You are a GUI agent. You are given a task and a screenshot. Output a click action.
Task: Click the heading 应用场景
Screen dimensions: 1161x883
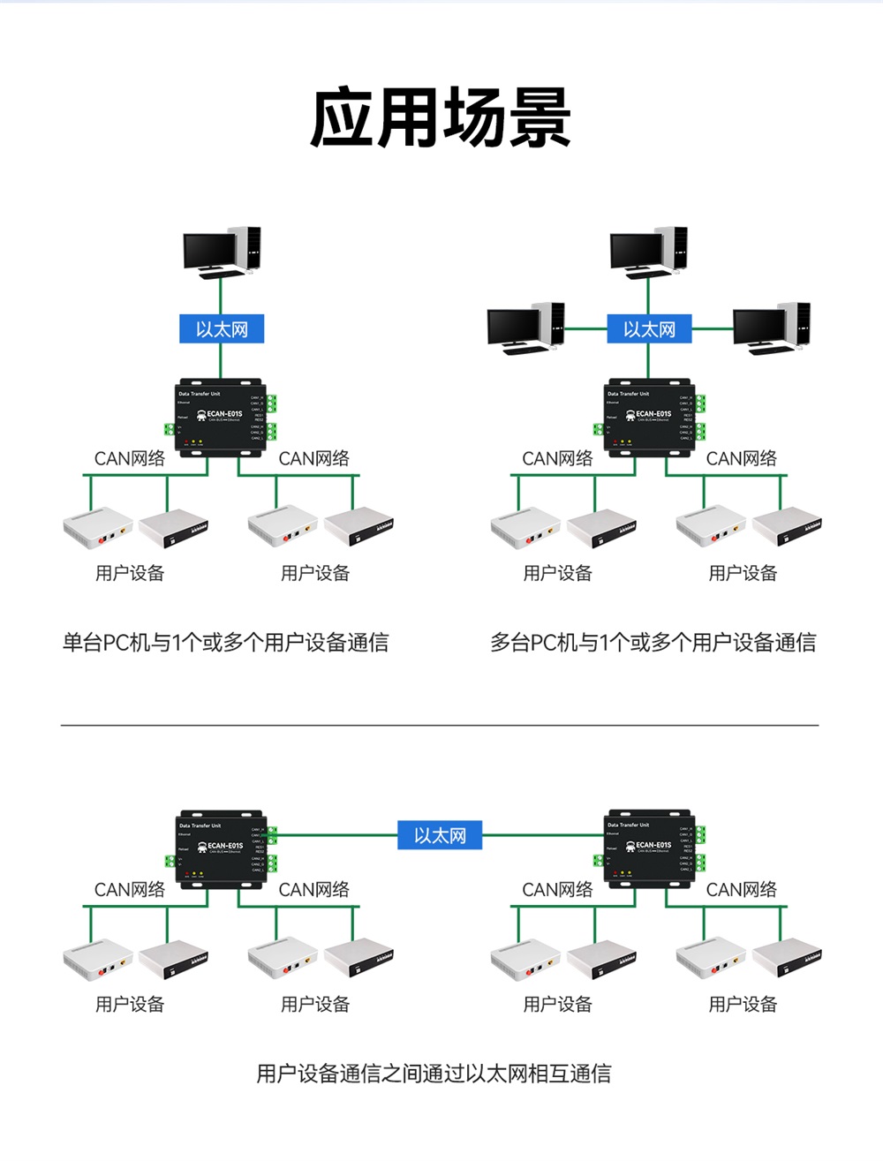click(441, 117)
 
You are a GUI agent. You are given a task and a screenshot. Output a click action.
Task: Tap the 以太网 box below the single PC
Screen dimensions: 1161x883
click(222, 329)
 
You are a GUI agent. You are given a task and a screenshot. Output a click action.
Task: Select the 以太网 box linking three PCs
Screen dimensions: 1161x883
click(649, 329)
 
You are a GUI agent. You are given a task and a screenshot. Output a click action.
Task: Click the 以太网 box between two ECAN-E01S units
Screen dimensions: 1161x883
click(440, 835)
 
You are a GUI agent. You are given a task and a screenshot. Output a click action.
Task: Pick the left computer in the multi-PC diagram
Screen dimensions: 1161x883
click(525, 328)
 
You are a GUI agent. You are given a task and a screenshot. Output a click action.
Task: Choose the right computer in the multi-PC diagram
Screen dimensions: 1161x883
click(771, 328)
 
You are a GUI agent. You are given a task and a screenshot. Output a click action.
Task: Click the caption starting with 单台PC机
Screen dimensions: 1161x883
click(225, 643)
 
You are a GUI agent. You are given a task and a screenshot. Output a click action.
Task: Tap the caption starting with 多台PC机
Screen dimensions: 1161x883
click(653, 643)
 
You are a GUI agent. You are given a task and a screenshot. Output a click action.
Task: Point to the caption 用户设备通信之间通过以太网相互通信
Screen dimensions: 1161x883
click(434, 1074)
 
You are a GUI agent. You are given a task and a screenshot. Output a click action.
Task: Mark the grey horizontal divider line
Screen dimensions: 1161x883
click(440, 725)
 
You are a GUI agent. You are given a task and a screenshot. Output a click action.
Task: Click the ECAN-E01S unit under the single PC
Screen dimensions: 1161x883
click(220, 418)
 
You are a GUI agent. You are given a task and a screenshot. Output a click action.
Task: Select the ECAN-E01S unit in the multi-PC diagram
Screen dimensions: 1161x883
click(648, 418)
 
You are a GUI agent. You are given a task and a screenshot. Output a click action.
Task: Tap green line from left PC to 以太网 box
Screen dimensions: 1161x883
click(585, 328)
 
